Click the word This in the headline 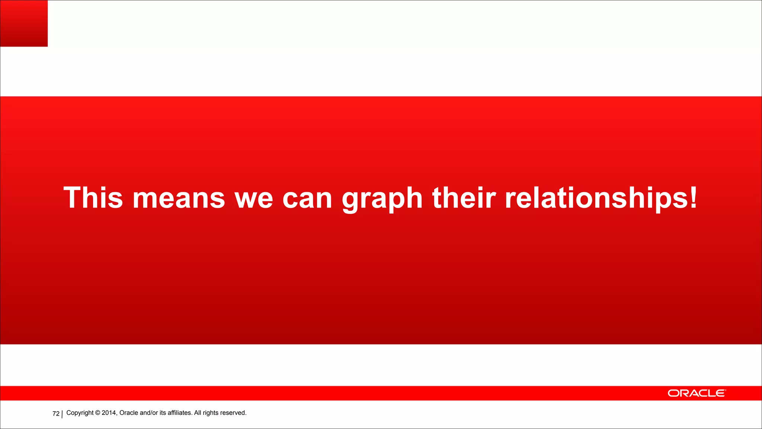pyautogui.click(x=93, y=198)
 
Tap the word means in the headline pyautogui.click(x=179, y=198)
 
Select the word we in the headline pyautogui.click(x=254, y=198)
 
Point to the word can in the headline pyautogui.click(x=307, y=198)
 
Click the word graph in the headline pyautogui.click(x=382, y=198)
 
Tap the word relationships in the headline pyautogui.click(x=596, y=198)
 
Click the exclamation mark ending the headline pyautogui.click(x=693, y=198)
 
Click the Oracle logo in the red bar pyautogui.click(x=696, y=393)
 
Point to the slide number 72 pyautogui.click(x=56, y=414)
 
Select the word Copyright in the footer pyautogui.click(x=80, y=413)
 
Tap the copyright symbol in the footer pyautogui.click(x=97, y=413)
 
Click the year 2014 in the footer pyautogui.click(x=109, y=413)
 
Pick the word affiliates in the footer pyautogui.click(x=179, y=413)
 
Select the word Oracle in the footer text pyautogui.click(x=129, y=413)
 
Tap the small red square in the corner pyautogui.click(x=24, y=23)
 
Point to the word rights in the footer pyautogui.click(x=211, y=413)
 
